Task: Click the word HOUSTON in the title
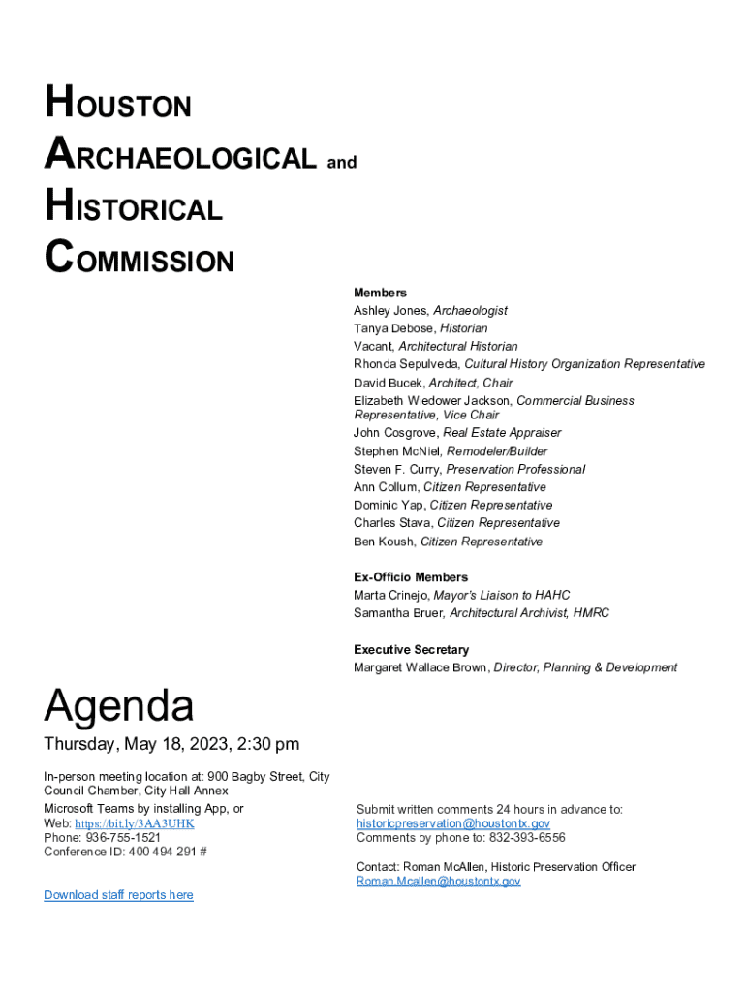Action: point(117,103)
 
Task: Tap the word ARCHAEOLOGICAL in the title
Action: point(180,156)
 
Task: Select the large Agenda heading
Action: point(118,706)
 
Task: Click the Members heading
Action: point(380,293)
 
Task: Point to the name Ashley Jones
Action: point(390,311)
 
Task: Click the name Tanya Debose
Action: point(393,328)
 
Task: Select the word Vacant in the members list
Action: point(372,346)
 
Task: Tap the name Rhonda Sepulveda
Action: point(406,364)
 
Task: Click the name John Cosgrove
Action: point(395,433)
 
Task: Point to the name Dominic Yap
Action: point(388,505)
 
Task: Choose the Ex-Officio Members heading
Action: point(411,577)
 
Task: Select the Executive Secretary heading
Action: point(411,650)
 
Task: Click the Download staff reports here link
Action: point(118,895)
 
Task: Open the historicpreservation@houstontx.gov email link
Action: point(452,823)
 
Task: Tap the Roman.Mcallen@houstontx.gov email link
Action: point(438,882)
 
